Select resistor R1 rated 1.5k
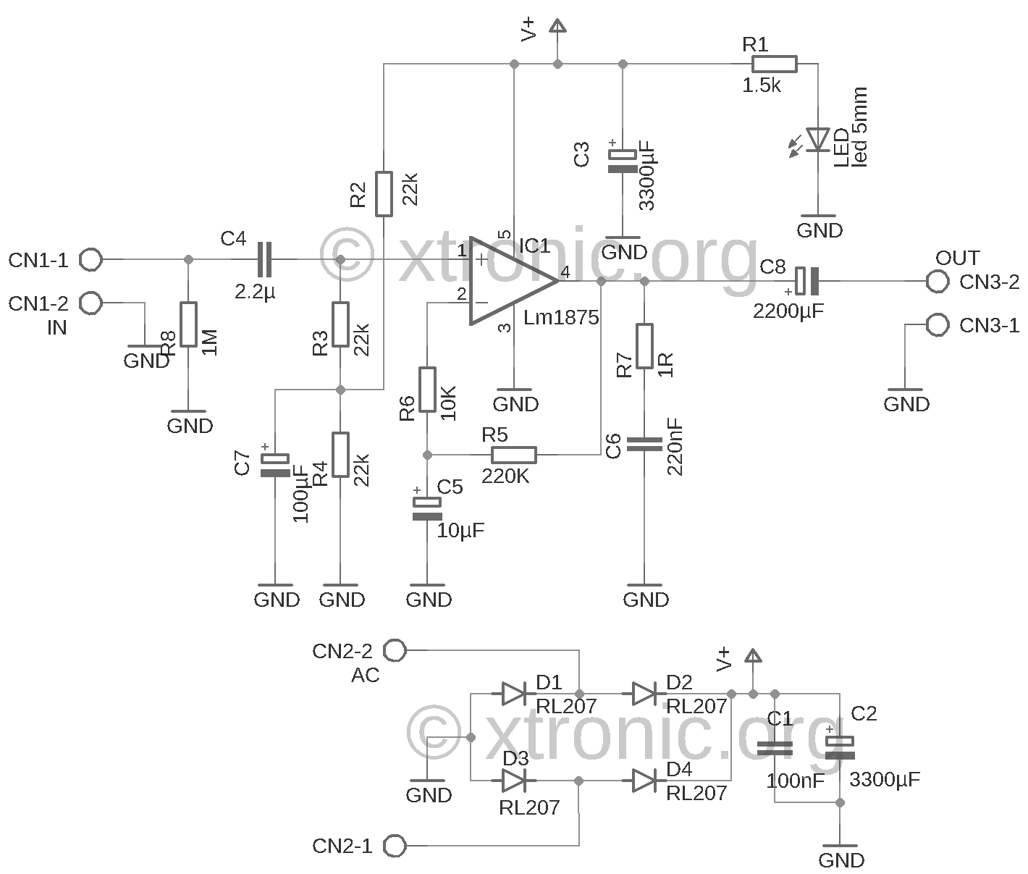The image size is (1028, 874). [x=774, y=64]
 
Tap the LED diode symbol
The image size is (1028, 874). [x=818, y=139]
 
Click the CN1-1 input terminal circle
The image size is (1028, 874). [x=91, y=259]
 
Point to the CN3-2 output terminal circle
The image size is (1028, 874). [x=938, y=282]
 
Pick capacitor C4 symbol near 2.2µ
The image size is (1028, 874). [x=265, y=259]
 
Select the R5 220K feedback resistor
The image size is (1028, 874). [x=513, y=455]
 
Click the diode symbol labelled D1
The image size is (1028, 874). [x=513, y=694]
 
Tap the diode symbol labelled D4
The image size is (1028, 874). [x=644, y=781]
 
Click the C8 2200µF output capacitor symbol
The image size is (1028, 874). [x=806, y=281]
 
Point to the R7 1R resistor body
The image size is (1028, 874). [x=644, y=345]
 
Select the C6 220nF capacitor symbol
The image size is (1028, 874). [x=644, y=444]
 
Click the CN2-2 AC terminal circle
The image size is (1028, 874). [x=395, y=650]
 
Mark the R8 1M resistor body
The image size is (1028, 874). [x=188, y=324]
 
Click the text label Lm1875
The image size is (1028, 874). [x=561, y=318]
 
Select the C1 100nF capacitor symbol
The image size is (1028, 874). [x=775, y=749]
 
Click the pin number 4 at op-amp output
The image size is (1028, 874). [x=565, y=272]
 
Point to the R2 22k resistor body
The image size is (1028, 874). [x=384, y=194]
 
